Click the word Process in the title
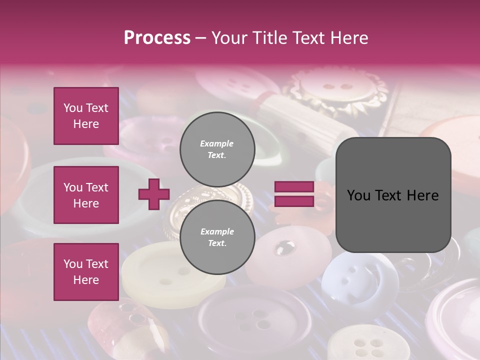pos(157,38)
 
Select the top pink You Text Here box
pos(86,116)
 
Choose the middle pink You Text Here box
pos(86,195)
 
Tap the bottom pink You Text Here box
pos(86,271)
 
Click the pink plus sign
pos(154,194)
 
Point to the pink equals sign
pos(294,194)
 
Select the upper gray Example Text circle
pos(217,149)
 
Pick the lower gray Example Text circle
pos(217,237)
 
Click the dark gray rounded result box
pos(393,195)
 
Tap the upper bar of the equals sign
pos(294,187)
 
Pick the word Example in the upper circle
pos(217,143)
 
